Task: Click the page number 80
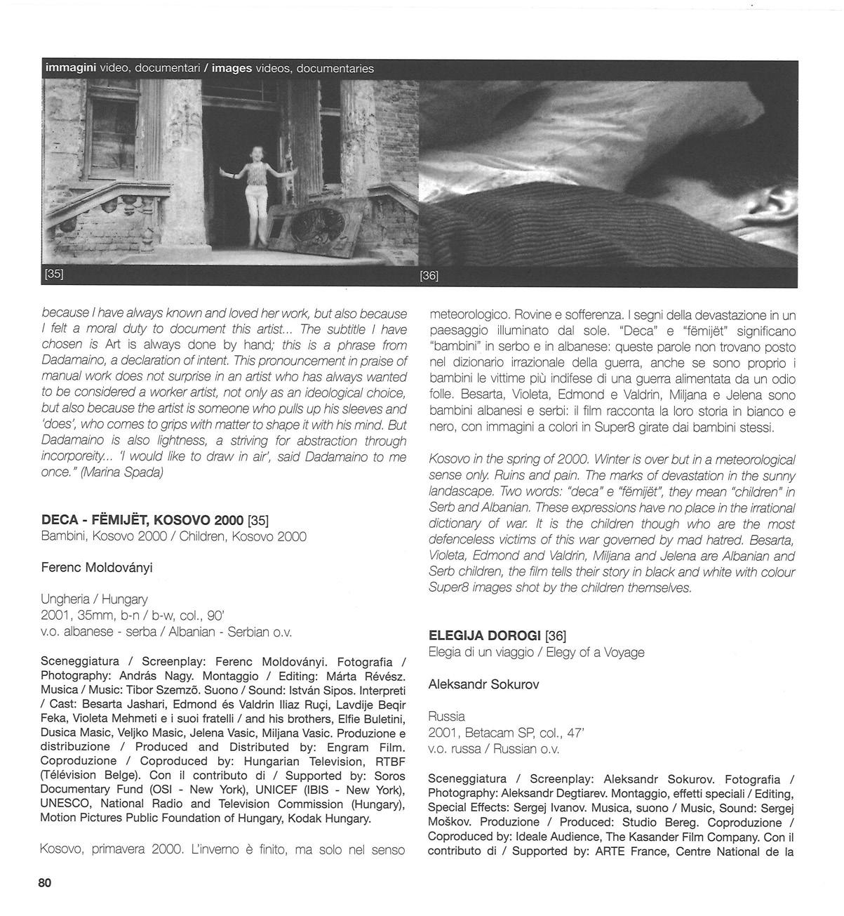pos(45,883)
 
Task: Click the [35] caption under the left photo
pos(53,274)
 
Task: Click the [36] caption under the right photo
pos(429,276)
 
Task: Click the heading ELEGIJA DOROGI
pos(484,636)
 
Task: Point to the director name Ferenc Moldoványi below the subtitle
pos(96,566)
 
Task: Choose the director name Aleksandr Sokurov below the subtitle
pos(483,684)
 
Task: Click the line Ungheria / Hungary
pos(94,599)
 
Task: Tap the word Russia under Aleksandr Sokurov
pos(446,717)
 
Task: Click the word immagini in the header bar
pos(70,69)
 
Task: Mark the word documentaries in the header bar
pos(335,69)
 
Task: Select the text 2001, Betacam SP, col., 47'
pos(506,733)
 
